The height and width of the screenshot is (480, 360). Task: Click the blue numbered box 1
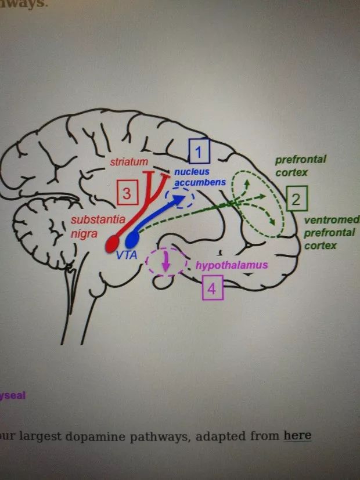tap(199, 152)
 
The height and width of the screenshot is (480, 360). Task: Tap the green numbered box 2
tap(296, 200)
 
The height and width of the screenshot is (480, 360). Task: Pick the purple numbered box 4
tap(212, 288)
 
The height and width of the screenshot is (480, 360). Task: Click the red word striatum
tap(129, 162)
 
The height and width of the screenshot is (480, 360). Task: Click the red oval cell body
tap(112, 244)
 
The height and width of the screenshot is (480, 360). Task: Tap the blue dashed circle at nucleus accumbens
tap(179, 199)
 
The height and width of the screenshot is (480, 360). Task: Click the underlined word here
tap(297, 435)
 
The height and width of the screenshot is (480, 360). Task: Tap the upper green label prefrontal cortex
tap(300, 165)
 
